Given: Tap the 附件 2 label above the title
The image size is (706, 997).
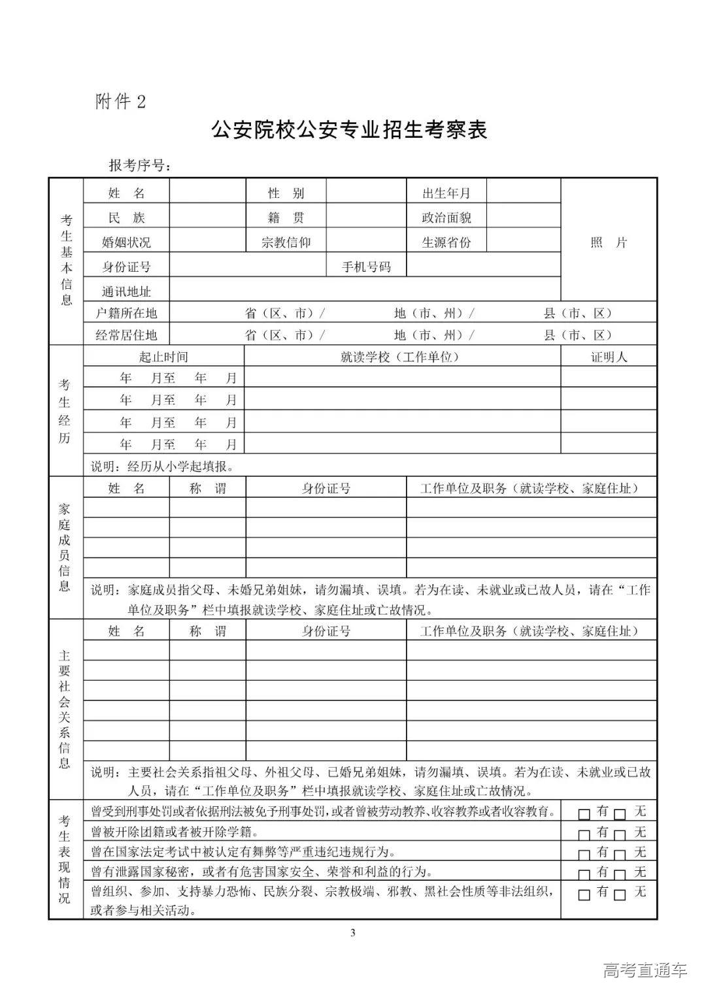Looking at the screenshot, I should pyautogui.click(x=121, y=102).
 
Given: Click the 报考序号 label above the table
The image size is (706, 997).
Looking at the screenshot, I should pyautogui.click(x=139, y=166).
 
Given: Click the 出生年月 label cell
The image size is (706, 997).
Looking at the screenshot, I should pyautogui.click(x=446, y=193).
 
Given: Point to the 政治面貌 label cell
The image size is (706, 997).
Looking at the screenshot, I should pyautogui.click(x=446, y=218).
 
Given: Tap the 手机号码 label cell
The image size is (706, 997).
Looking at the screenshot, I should pyautogui.click(x=366, y=267).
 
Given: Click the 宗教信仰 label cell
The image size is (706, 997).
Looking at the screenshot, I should pyautogui.click(x=286, y=242).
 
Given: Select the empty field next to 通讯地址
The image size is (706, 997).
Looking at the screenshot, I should pyautogui.click(x=365, y=290).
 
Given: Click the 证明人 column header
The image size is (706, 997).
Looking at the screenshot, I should pyautogui.click(x=609, y=357).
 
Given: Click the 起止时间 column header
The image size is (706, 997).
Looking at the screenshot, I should pyautogui.click(x=163, y=357).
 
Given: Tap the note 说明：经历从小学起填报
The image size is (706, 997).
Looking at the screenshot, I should pyautogui.click(x=162, y=466).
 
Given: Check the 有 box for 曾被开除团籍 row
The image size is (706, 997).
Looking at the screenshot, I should pyautogui.click(x=584, y=834).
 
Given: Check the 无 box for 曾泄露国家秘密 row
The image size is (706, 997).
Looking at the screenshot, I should pyautogui.click(x=620, y=874).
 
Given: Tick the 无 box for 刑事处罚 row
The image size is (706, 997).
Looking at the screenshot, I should pyautogui.click(x=620, y=814).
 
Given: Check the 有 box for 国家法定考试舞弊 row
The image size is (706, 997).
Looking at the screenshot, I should pyautogui.click(x=584, y=855).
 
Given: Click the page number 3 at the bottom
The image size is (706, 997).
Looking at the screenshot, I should pyautogui.click(x=353, y=932).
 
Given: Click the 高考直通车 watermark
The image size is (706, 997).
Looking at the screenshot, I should pyautogui.click(x=645, y=971).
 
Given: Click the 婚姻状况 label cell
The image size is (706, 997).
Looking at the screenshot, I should pyautogui.click(x=126, y=242).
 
